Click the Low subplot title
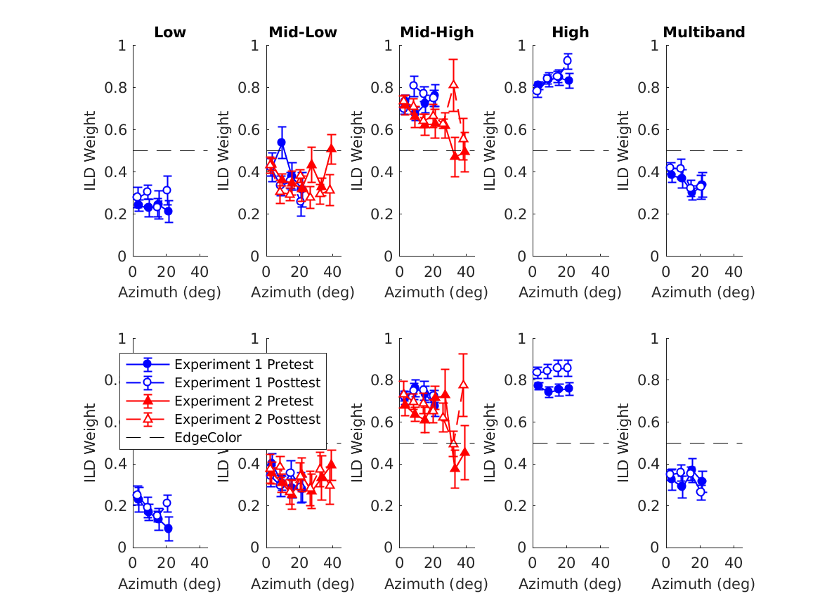pos(170,32)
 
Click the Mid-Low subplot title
pos(303,32)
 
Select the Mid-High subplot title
pos(436,32)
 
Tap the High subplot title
pos(570,32)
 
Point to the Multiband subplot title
pos(703,32)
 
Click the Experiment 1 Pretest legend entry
pos(243,364)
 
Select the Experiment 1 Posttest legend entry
pos(247,382)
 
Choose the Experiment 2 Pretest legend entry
pos(243,401)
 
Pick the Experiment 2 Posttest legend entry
pos(247,419)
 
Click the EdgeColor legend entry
pos(208,437)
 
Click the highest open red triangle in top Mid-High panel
pos(454,84)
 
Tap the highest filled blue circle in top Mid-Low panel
pos(282,143)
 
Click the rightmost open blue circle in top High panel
pos(567,61)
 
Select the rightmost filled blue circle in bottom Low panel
pos(168,529)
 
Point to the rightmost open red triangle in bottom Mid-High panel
pos(463,384)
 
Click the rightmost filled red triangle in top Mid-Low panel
pos(332,149)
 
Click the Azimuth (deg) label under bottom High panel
pos(570,583)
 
